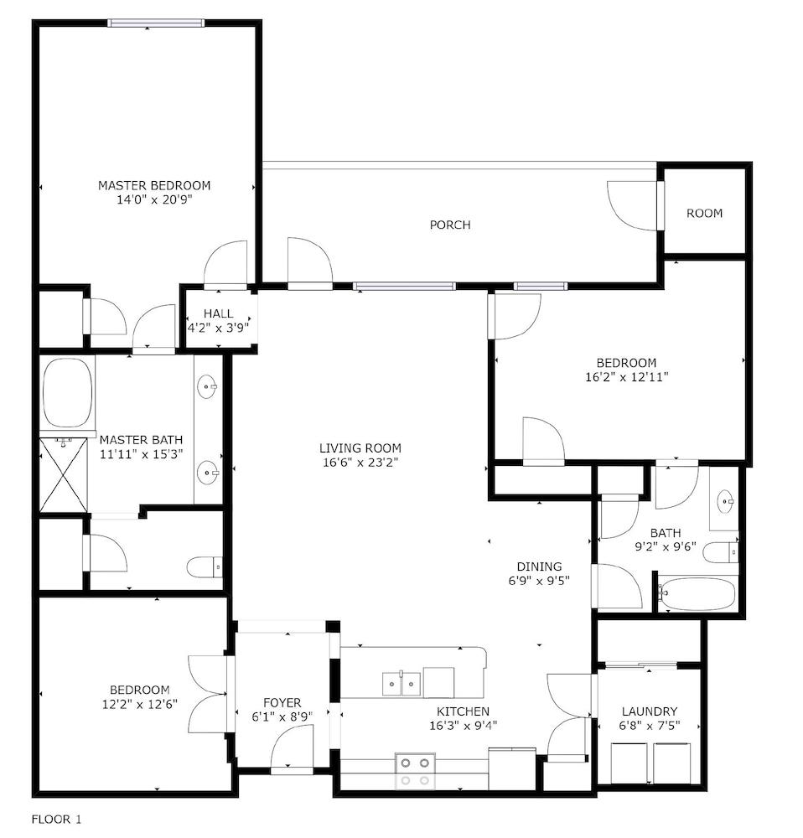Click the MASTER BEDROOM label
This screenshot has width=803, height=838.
[x=154, y=185]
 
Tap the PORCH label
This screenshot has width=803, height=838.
[x=450, y=225]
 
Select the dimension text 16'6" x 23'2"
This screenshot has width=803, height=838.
[x=360, y=462]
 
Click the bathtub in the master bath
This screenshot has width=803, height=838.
[x=67, y=392]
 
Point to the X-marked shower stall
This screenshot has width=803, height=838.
[x=63, y=475]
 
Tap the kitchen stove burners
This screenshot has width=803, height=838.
[x=415, y=771]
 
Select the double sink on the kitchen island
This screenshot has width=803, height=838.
[x=402, y=684]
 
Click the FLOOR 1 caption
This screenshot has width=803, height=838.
[x=57, y=819]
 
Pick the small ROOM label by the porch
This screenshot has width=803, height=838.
[x=704, y=213]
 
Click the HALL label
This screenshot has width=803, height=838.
[x=218, y=313]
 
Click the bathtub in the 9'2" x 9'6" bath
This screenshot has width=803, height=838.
[x=697, y=594]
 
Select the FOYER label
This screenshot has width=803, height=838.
[x=282, y=702]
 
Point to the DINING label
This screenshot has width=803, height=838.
[x=538, y=566]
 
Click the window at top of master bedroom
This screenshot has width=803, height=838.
[x=156, y=23]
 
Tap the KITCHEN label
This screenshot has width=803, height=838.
[x=463, y=711]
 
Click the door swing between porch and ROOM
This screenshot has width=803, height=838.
[x=633, y=205]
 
